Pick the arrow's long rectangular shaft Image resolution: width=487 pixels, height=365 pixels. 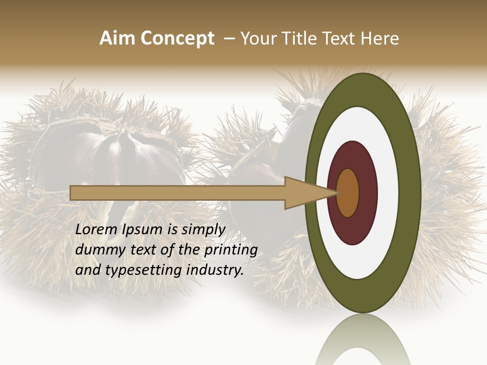[178, 193]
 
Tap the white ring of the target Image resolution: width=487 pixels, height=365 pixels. [388, 193]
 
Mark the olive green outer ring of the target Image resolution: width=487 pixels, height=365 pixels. [411, 193]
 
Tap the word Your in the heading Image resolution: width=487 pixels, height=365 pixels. [256, 39]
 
